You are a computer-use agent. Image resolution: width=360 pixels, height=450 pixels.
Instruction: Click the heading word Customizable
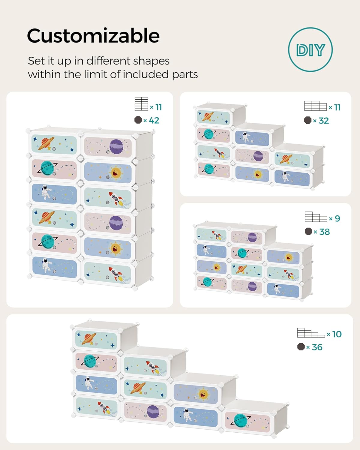point(93,35)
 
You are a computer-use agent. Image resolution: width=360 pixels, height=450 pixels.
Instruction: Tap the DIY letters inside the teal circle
point(310,50)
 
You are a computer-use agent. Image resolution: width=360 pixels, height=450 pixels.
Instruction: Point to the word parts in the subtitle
point(185,75)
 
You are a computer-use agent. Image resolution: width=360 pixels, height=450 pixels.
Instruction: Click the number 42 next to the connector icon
point(154,120)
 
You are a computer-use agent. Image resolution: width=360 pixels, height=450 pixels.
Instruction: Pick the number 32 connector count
point(324,121)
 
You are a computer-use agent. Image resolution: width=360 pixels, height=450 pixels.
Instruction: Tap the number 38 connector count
point(324,232)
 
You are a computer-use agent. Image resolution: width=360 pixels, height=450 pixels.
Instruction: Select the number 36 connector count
point(317,347)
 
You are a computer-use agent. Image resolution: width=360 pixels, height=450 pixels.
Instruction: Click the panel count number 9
point(337,218)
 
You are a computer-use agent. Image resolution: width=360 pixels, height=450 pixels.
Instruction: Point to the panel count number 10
point(337,334)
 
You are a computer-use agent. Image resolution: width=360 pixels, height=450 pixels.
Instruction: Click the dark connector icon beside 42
point(138,120)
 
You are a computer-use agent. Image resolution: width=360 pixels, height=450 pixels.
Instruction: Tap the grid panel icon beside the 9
point(316,217)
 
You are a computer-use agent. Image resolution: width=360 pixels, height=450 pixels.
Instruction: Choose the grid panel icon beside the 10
point(311,333)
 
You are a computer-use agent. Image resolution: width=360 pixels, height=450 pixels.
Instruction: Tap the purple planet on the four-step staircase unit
point(153,412)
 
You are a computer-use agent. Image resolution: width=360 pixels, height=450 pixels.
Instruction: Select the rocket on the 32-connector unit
point(219,153)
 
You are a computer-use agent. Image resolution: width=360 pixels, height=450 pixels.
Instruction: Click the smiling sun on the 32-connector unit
point(258,174)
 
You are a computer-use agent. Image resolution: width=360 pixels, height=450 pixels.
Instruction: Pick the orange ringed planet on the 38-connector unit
point(241,269)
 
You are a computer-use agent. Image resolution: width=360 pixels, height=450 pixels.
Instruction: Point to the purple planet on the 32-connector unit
point(258,156)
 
